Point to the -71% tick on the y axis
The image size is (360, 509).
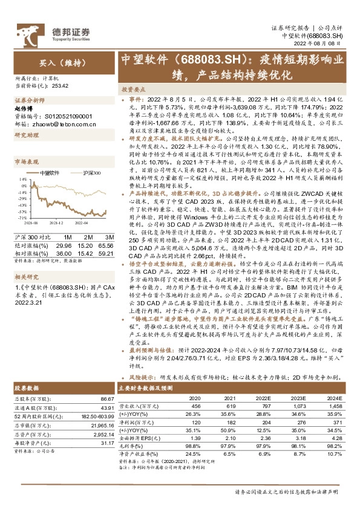click(22, 217)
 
